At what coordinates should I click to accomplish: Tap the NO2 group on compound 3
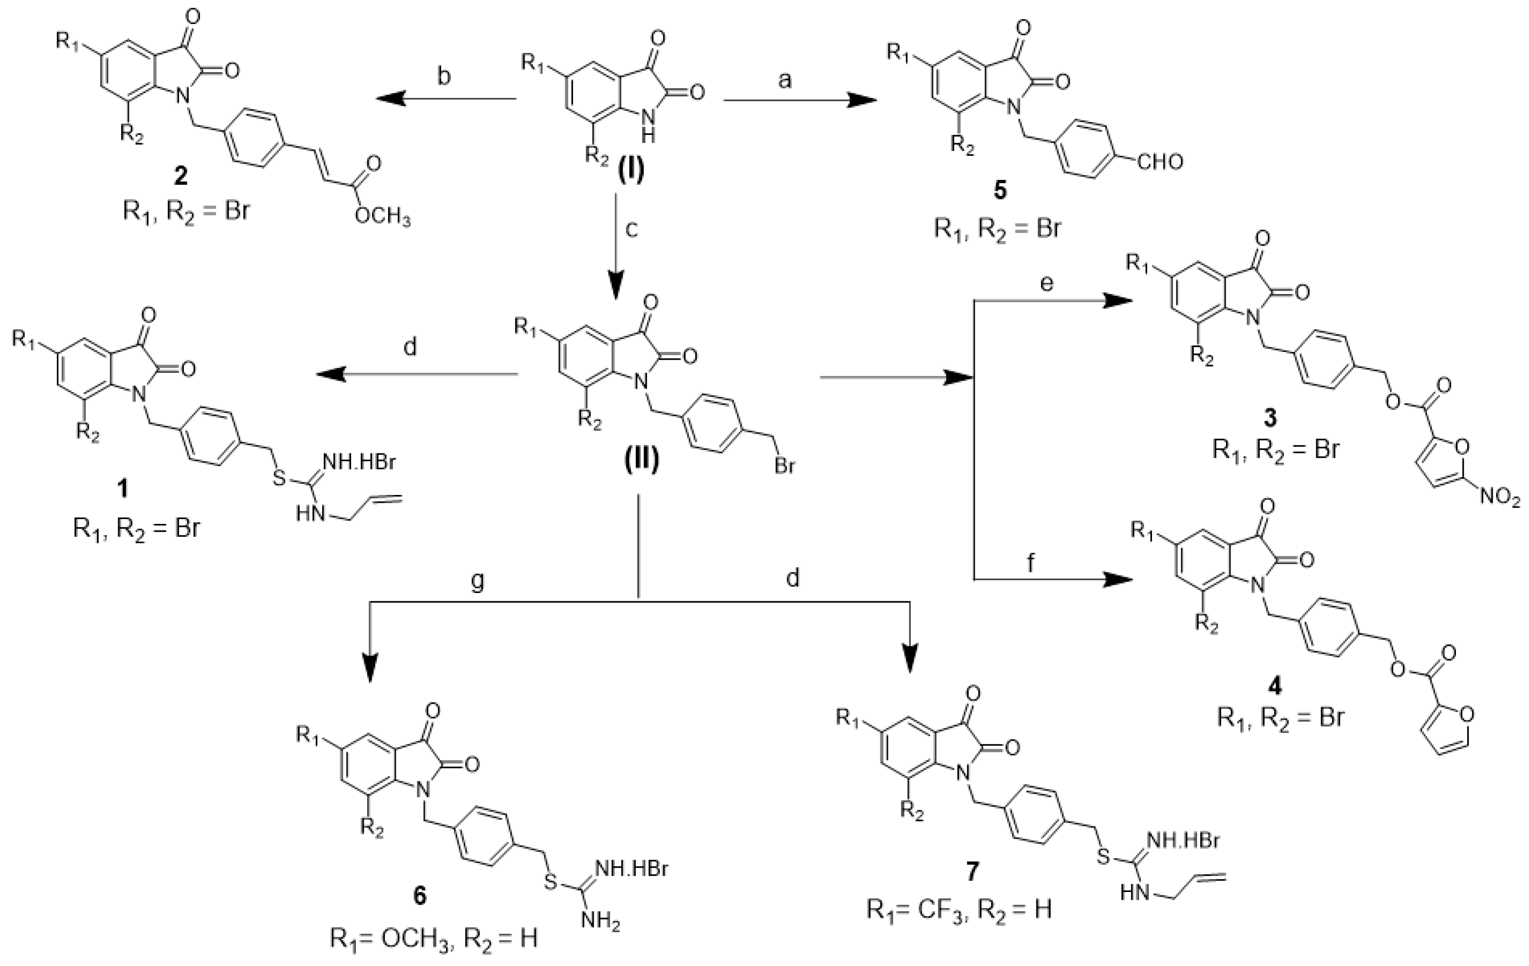point(1501,496)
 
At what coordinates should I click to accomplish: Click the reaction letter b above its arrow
point(445,77)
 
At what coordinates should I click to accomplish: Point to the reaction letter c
point(630,229)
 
